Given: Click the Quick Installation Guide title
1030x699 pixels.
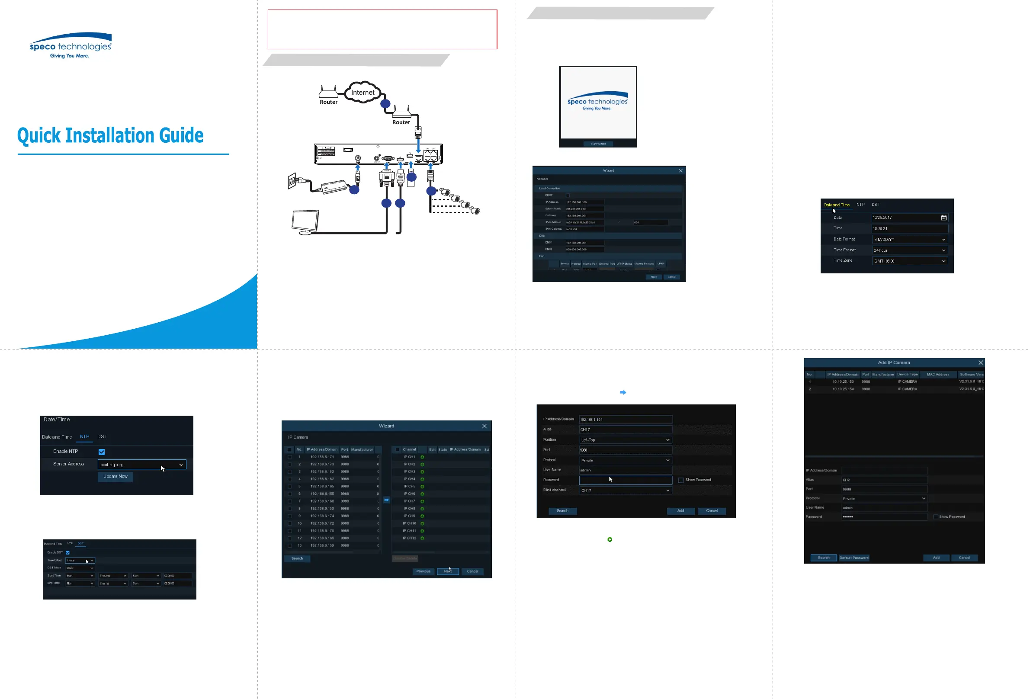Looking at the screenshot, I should coord(110,136).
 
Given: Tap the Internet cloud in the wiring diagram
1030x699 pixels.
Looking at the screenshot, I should coord(363,92).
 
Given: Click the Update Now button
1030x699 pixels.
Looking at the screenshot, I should coord(115,477).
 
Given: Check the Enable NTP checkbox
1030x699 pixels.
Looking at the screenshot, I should coord(102,452).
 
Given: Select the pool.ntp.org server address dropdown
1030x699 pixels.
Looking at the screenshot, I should coord(142,465).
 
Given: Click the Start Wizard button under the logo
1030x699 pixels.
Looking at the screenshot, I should coord(598,144).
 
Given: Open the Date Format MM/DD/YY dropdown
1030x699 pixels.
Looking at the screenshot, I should coord(909,239).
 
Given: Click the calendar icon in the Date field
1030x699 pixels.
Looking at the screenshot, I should coord(943,218).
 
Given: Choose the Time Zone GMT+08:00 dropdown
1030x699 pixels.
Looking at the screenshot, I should coord(909,261).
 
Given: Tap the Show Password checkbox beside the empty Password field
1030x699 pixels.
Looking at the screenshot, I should coord(681,480).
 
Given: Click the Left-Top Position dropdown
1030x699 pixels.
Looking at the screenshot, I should coord(625,440).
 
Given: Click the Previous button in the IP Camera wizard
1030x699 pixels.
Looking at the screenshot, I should coord(423,571).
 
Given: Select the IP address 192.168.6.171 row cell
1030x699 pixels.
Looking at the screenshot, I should coord(322,457).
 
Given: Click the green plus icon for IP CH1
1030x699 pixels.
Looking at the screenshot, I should coord(422,457).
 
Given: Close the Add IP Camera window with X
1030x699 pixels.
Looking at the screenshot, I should coord(980,362).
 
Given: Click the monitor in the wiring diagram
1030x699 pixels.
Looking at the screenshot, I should coord(305,221).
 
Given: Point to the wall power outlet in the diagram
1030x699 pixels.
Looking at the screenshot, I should coord(292,181).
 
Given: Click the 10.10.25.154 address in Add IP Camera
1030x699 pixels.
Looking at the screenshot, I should coord(843,389).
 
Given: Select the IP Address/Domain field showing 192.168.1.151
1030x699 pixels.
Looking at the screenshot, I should coord(625,419).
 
